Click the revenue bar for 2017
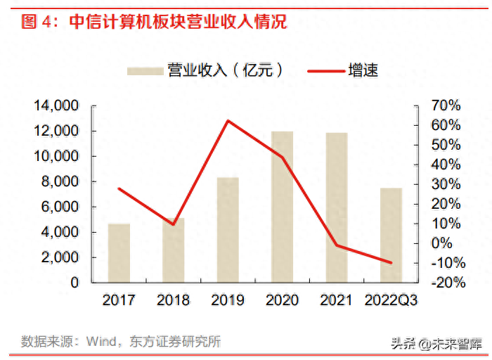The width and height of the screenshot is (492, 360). pos(119,253)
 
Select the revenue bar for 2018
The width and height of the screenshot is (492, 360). pos(174,250)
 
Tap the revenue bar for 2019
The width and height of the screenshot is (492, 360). pos(228,230)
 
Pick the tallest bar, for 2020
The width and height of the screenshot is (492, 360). pos(283,207)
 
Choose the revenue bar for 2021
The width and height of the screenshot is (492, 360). pos(337,207)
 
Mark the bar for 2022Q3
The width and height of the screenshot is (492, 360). pos(391,235)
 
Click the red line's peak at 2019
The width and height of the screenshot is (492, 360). pos(228,120)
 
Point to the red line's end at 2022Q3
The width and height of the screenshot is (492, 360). pos(391,262)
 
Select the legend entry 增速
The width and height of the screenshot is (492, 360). pos(344,70)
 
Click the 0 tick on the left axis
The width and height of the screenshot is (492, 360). pos(75,283)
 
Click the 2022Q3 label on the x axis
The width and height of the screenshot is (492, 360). pos(391,301)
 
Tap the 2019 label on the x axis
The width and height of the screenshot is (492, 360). pos(228,301)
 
